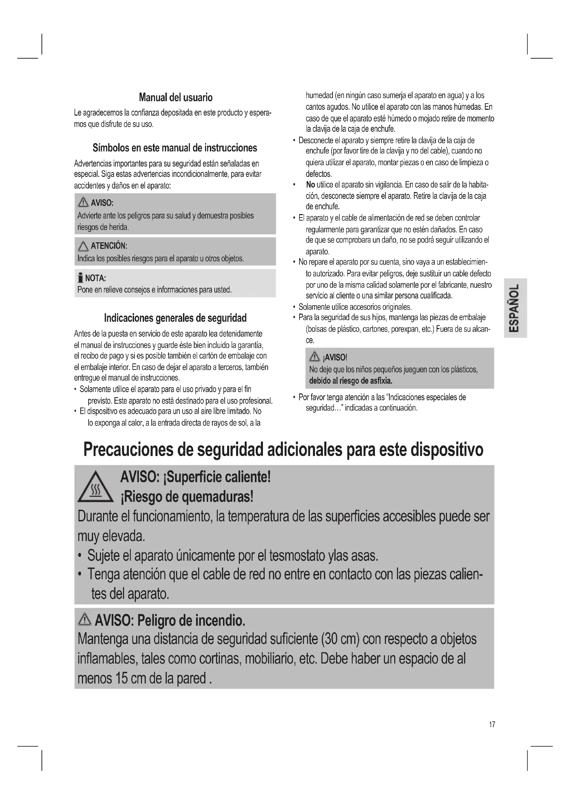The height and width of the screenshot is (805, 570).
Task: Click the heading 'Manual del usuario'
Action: point(175,97)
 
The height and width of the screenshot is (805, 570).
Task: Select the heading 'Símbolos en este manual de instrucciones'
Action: point(175,148)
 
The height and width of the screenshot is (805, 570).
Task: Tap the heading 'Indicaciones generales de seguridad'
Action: point(175,318)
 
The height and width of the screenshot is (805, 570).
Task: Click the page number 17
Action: point(492,724)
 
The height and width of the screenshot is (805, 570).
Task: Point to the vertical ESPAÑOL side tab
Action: point(515,308)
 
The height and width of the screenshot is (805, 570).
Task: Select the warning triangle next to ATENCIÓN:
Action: point(83,246)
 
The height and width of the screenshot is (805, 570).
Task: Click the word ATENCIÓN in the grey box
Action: point(108,246)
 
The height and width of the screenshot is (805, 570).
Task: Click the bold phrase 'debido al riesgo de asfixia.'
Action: point(350,381)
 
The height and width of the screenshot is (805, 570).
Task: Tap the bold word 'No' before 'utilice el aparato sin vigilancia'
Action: point(310,185)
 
